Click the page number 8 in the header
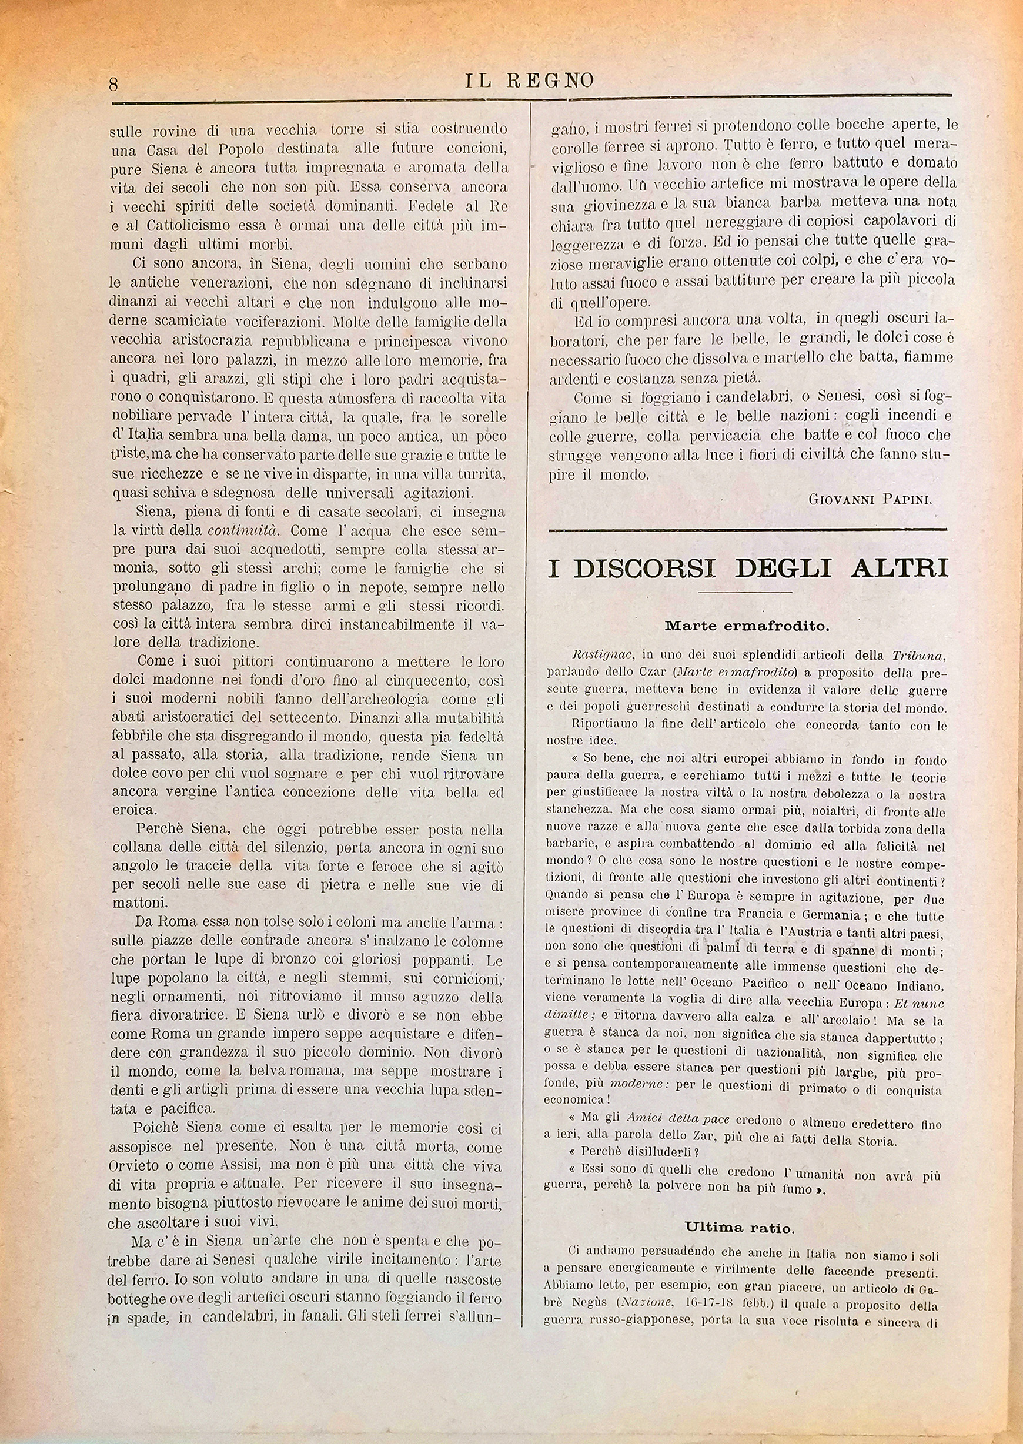(114, 85)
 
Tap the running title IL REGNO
(529, 81)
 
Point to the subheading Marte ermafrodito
(747, 626)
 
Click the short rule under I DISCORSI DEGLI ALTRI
(745, 593)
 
